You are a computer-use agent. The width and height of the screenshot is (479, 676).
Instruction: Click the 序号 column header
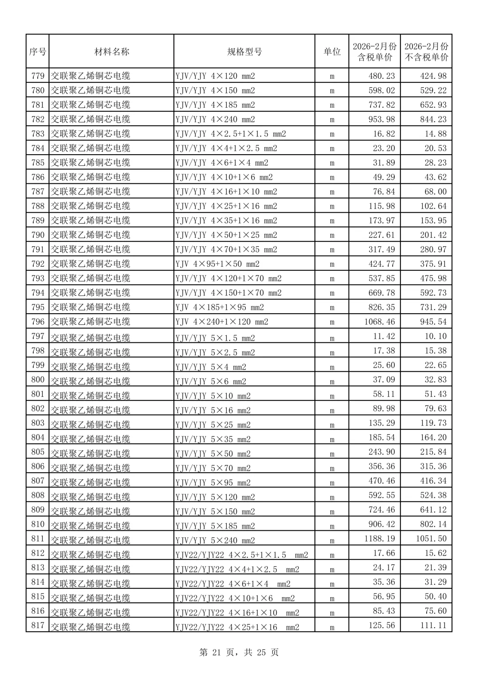pyautogui.click(x=38, y=52)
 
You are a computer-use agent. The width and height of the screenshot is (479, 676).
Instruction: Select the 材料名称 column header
pyautogui.click(x=111, y=52)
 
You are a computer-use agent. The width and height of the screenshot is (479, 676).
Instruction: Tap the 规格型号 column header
pyautogui.click(x=244, y=52)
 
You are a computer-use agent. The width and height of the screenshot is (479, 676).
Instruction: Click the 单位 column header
pyautogui.click(x=332, y=52)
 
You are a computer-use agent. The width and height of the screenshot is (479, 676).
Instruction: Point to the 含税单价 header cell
pyautogui.click(x=375, y=52)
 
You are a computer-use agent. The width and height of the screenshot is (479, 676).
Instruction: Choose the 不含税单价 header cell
pyautogui.click(x=426, y=52)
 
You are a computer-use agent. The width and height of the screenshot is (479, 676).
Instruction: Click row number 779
pyautogui.click(x=38, y=76)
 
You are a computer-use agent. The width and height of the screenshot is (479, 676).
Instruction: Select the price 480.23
pyautogui.click(x=381, y=76)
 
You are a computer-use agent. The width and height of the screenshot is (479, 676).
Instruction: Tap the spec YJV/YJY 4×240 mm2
pyautogui.click(x=215, y=119)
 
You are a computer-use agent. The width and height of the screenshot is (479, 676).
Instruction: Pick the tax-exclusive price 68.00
pyautogui.click(x=436, y=191)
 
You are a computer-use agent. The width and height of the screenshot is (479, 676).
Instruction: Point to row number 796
pyautogui.click(x=38, y=322)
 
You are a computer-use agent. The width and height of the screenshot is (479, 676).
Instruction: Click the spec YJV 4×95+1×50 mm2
pyautogui.click(x=217, y=264)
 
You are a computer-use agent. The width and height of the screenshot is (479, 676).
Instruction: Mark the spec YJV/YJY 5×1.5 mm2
pyautogui.click(x=215, y=338)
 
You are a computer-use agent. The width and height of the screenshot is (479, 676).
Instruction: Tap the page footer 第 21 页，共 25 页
pyautogui.click(x=239, y=652)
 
